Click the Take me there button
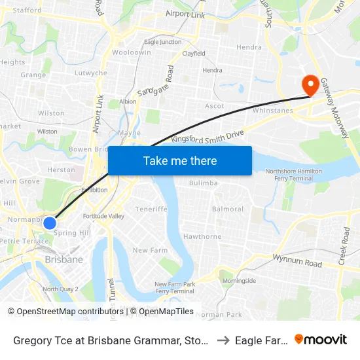point(179,160)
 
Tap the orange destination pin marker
point(310,85)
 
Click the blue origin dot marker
point(49,223)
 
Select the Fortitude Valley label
point(103,216)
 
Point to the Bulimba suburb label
point(203,183)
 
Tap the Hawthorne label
point(202,236)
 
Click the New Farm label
point(150,250)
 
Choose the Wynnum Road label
point(298,261)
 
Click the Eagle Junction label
point(163,42)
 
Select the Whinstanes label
point(272,111)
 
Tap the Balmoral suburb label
point(228,209)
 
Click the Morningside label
point(239,280)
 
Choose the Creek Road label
point(345,247)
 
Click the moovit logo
point(321,339)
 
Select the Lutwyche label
point(90,73)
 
